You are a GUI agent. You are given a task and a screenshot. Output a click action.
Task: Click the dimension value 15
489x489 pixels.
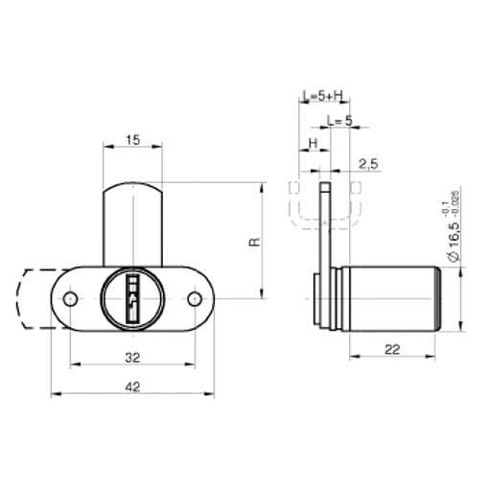[132, 140]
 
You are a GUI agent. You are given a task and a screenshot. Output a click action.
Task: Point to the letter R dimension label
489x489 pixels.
[254, 243]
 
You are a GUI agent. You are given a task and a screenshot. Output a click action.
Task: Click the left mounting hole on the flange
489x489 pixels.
[70, 300]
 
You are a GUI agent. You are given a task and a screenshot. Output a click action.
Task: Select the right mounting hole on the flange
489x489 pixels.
[195, 300]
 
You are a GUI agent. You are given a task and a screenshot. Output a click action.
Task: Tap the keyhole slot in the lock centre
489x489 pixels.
[132, 297]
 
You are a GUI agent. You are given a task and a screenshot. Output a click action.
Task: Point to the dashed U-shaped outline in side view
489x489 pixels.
[326, 213]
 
